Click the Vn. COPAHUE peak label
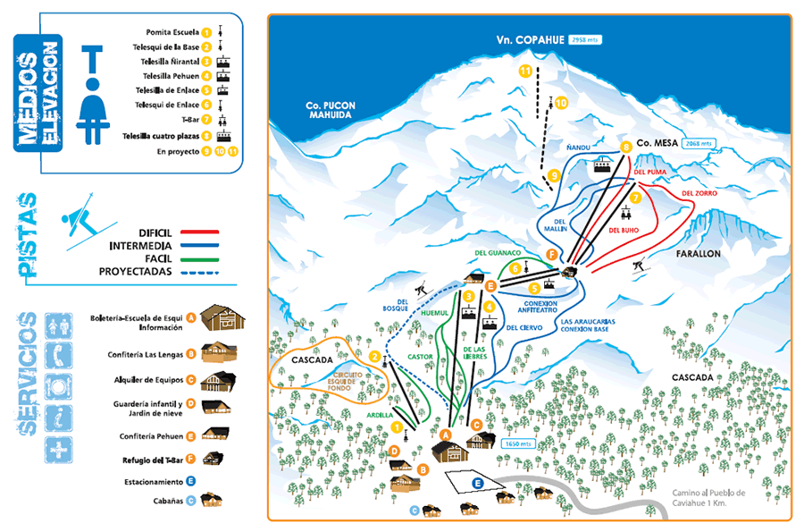(x=531, y=40)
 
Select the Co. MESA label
(x=657, y=143)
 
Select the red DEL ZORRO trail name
(x=699, y=193)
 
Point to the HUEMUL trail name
(x=433, y=314)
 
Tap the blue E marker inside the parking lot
(x=477, y=483)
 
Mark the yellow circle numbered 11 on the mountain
(x=525, y=71)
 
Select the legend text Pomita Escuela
(x=170, y=32)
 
